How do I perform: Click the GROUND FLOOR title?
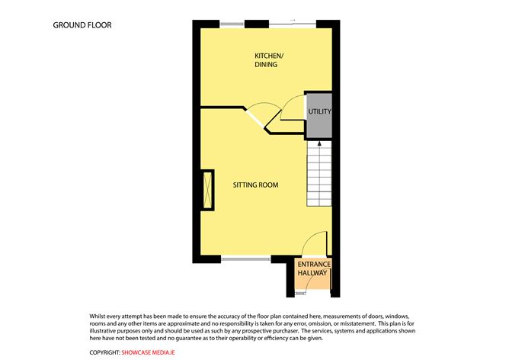[x=82, y=25]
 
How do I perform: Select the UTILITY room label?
[x=319, y=112]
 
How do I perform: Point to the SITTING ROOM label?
[x=255, y=185]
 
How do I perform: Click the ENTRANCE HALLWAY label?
[x=312, y=268]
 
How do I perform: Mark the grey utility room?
[x=319, y=125]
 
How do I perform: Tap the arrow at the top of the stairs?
[x=319, y=143]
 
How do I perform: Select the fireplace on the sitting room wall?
[x=206, y=191]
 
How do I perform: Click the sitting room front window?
[x=245, y=259]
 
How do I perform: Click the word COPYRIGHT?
[x=104, y=351]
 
